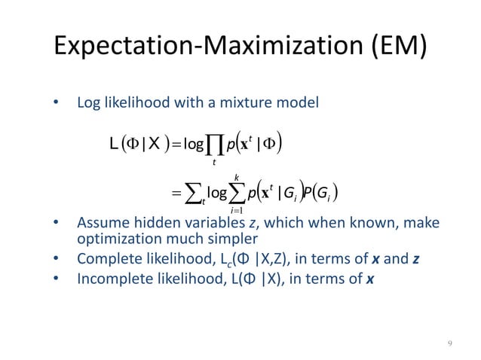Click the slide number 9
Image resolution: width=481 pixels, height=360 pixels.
click(x=450, y=343)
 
